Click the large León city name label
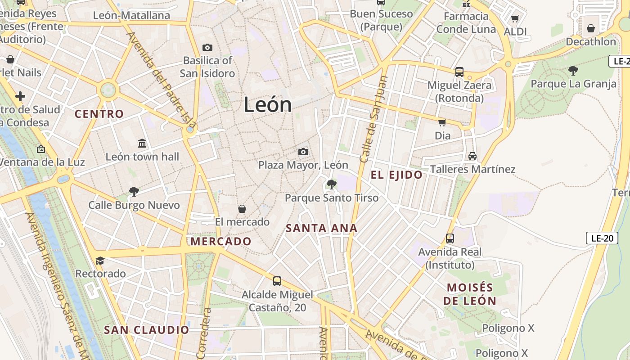pos(268,105)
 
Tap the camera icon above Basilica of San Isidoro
pos(207,47)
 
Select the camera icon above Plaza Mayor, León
pos(303,152)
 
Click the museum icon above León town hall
pos(142,144)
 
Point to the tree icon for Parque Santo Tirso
pos(331,184)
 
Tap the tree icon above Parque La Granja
pos(573,70)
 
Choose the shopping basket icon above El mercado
pos(242,209)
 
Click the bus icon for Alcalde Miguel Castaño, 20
pos(277,281)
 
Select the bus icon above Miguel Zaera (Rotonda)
pos(459,72)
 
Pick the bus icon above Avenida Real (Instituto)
pos(450,238)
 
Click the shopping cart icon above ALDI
pos(515,18)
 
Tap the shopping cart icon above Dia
pos(442,122)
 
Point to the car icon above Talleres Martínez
pos(472,156)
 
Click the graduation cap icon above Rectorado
pos(100,261)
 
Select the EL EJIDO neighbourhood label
pos(396,175)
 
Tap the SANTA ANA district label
pos(321,228)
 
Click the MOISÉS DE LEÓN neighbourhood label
pos(470,294)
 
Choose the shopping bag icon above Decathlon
pos(591,28)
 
